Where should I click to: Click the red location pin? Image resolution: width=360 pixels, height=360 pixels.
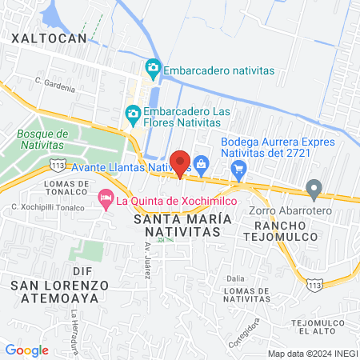(x=181, y=162)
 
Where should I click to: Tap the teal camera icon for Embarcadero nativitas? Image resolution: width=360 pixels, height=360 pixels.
(x=152, y=70)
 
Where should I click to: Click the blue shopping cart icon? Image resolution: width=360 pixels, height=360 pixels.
(x=238, y=169)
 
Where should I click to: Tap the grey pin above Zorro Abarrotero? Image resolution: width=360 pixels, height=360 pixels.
(x=314, y=190)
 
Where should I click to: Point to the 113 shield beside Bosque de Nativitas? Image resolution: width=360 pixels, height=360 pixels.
(x=58, y=164)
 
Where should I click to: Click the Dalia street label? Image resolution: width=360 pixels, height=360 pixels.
(x=235, y=278)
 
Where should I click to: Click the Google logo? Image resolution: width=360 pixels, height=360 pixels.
(x=27, y=350)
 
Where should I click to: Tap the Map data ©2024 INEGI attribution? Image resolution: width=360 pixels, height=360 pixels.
(x=312, y=354)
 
